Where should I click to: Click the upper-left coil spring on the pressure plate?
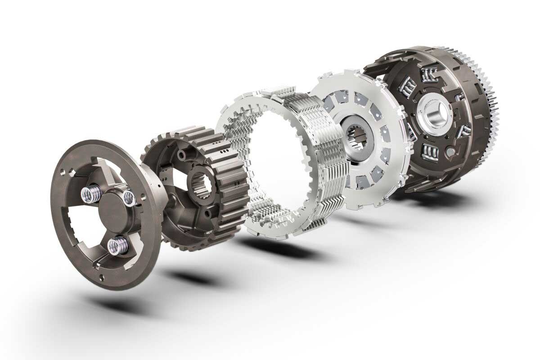(88, 194)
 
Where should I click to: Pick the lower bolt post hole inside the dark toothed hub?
(207, 212)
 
